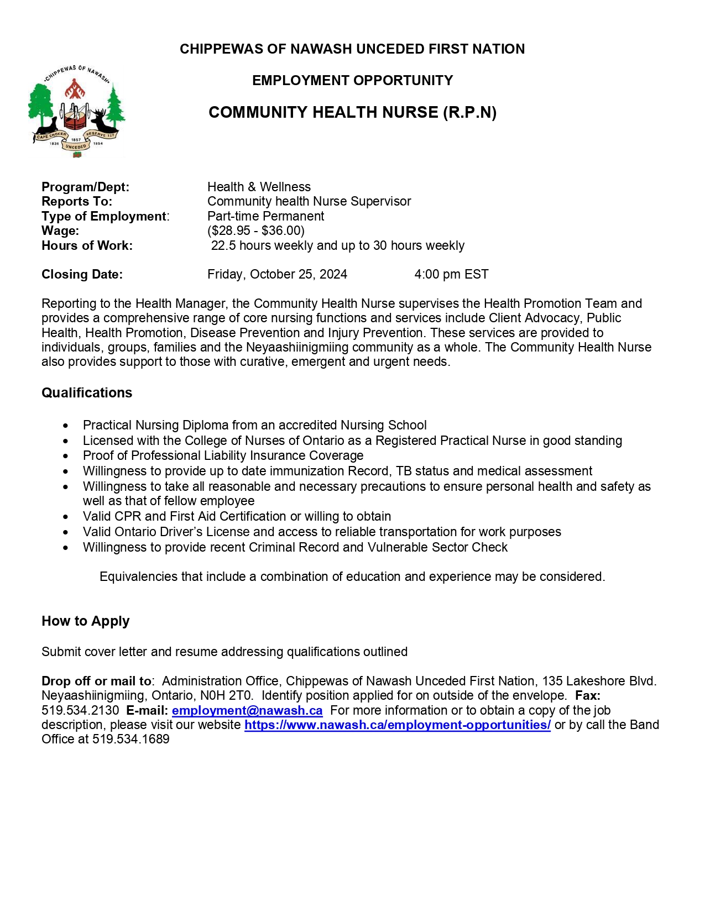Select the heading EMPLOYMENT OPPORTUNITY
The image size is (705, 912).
(x=352, y=81)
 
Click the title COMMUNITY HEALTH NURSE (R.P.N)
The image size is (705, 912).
(x=352, y=113)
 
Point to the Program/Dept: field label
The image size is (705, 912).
(x=85, y=187)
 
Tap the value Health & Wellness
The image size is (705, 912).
(x=259, y=187)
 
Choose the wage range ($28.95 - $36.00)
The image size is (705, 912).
(x=256, y=230)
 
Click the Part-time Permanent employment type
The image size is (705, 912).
(x=265, y=216)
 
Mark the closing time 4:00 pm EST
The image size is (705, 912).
(x=451, y=274)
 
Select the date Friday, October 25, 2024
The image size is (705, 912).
(x=277, y=274)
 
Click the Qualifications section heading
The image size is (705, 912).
(x=87, y=393)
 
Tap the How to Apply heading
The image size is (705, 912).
(x=85, y=621)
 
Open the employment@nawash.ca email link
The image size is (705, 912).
(x=247, y=710)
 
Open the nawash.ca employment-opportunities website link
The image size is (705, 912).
(x=397, y=725)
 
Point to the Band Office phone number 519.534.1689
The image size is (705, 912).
(x=130, y=740)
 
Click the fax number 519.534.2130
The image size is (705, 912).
(x=80, y=710)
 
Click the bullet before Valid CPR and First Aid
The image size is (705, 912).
(x=66, y=517)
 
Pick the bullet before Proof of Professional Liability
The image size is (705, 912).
(x=66, y=456)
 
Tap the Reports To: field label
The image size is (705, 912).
(x=77, y=201)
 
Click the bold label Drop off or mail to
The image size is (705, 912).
(x=96, y=681)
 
